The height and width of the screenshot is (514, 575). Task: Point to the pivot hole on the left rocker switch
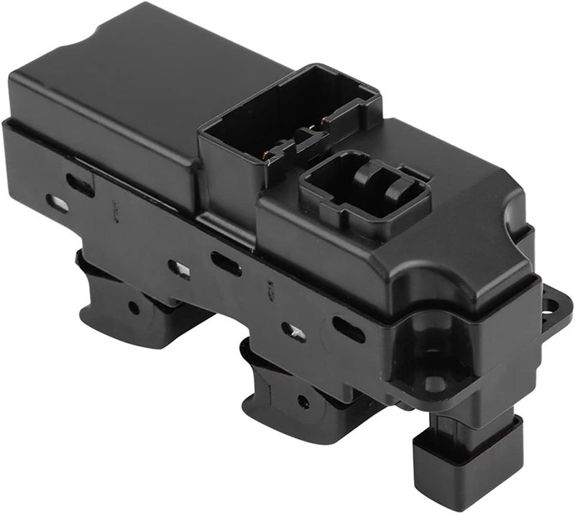pos(134,308)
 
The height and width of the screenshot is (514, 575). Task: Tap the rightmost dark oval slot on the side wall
pos(348,329)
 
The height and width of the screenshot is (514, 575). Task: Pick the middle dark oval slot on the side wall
pos(226,264)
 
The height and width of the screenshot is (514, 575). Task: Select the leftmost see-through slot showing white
pos(57,203)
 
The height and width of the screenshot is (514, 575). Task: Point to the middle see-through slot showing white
pos(179,270)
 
